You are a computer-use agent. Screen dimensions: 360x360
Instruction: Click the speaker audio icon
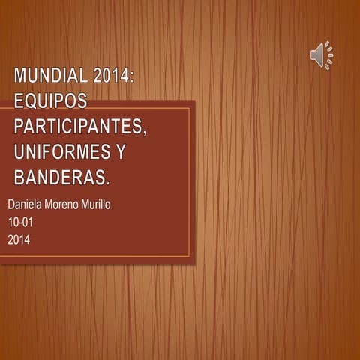(321, 55)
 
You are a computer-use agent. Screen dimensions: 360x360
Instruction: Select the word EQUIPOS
(50, 100)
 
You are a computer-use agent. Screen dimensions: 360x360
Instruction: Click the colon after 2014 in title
(131, 76)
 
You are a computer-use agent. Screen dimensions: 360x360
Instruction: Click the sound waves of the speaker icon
(329, 55)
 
